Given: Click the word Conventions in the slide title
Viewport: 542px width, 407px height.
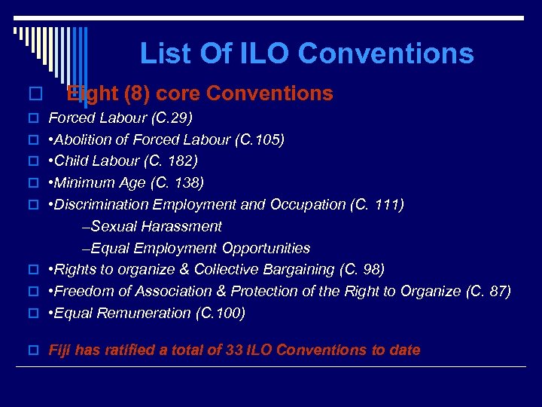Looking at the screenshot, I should [x=385, y=54].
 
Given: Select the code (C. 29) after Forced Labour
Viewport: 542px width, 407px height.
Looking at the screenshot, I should [x=172, y=118].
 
